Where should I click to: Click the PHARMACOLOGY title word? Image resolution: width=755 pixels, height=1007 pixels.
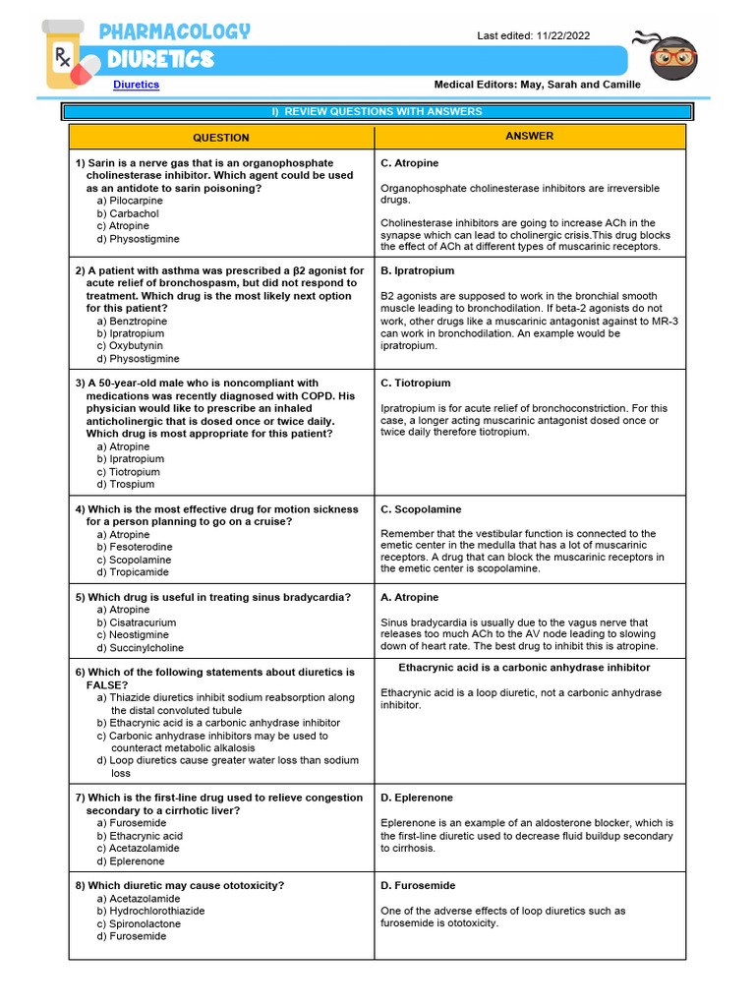click(x=175, y=31)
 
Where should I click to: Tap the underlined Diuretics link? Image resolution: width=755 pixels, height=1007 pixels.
click(x=136, y=85)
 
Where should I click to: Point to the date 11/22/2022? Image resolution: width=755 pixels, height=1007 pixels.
click(x=563, y=35)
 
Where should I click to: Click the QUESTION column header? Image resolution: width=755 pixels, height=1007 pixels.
click(x=220, y=138)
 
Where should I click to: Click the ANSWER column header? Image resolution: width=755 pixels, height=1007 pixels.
click(x=529, y=137)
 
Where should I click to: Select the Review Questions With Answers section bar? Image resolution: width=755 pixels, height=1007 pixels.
click(x=377, y=112)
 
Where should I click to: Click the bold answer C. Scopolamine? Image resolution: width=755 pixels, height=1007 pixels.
click(x=420, y=509)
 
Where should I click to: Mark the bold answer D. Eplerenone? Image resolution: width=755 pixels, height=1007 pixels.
click(x=417, y=798)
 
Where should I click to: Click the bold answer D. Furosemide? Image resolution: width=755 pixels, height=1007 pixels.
click(x=417, y=885)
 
